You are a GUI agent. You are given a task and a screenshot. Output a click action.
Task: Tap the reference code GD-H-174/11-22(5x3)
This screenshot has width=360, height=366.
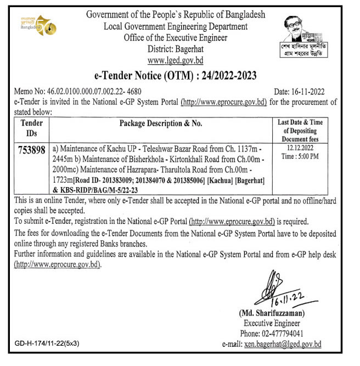click(x=48, y=344)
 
